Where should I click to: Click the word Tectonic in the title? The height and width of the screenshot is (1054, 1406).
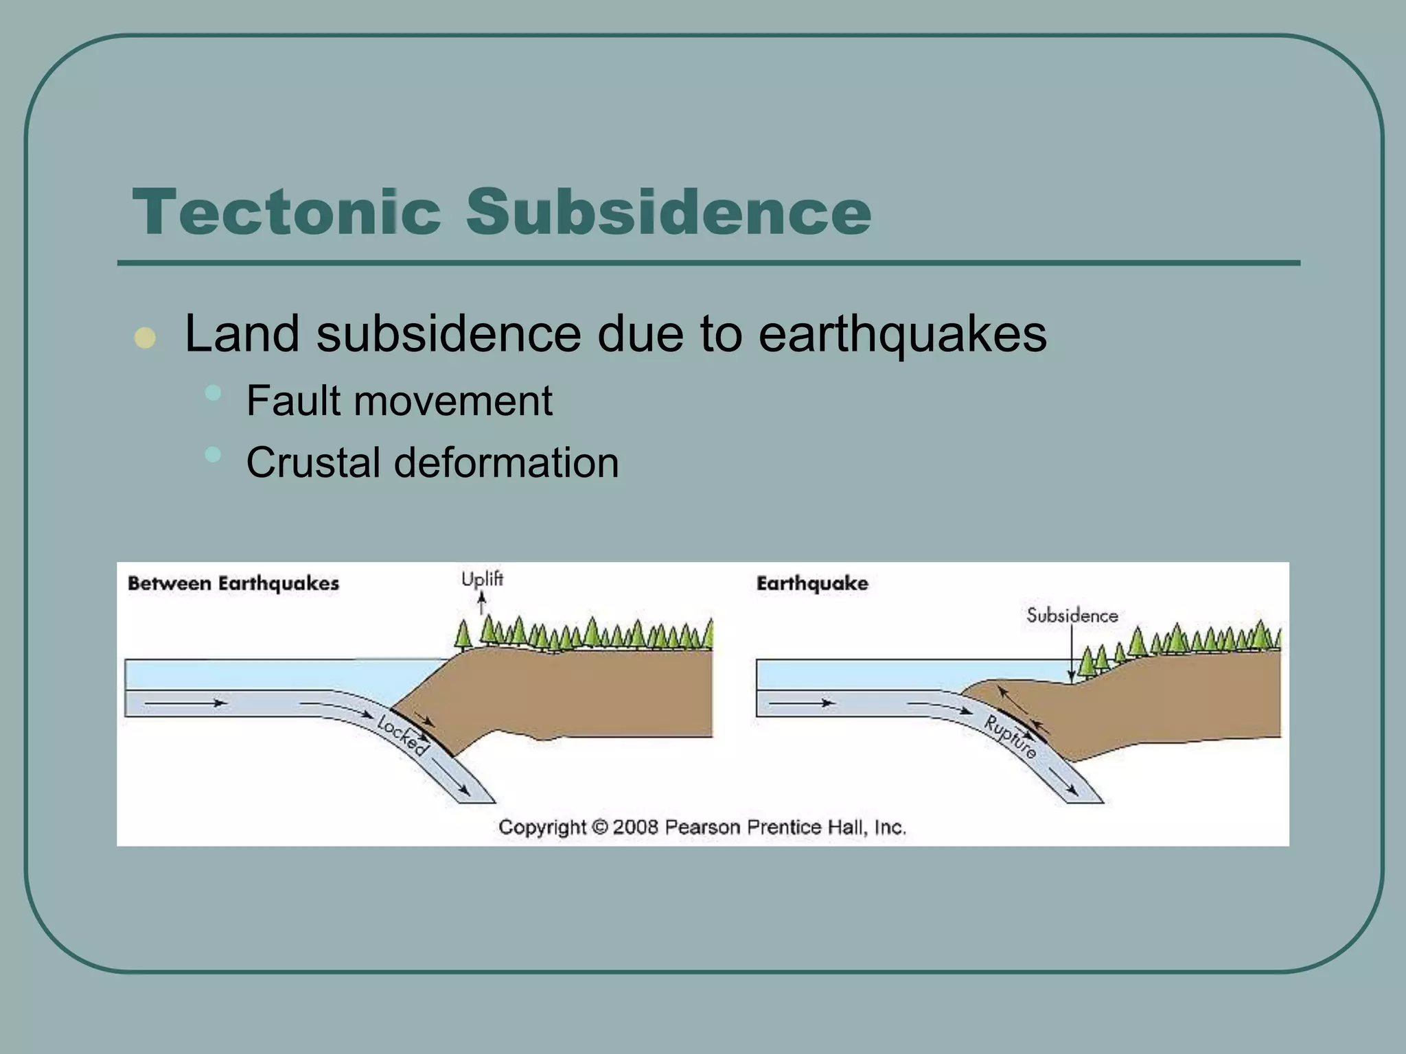(x=286, y=212)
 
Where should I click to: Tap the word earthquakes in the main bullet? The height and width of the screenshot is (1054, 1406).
(x=902, y=334)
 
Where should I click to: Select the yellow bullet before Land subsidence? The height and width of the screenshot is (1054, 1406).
(x=145, y=338)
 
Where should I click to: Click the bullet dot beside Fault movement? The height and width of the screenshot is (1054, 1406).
(x=214, y=393)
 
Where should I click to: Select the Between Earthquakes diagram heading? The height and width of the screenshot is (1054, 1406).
(x=233, y=584)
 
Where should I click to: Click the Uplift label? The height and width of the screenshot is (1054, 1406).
(x=482, y=580)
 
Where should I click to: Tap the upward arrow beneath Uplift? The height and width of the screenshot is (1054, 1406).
(x=482, y=604)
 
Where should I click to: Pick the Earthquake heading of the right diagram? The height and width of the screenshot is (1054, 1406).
(x=812, y=584)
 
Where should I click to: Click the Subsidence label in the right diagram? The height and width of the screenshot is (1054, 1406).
(x=1072, y=616)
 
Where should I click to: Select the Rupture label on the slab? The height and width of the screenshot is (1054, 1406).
(x=1010, y=736)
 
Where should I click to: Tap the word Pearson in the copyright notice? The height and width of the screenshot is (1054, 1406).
(x=702, y=827)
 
